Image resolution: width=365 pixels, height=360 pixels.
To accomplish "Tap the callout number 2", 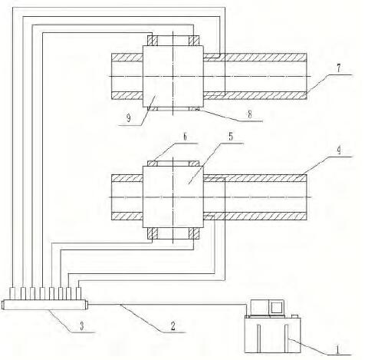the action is point(173,326).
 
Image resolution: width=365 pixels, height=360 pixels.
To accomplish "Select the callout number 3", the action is point(82,326).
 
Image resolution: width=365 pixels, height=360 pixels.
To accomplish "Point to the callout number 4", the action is point(339,150).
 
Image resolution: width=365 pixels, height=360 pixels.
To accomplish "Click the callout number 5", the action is point(231,137).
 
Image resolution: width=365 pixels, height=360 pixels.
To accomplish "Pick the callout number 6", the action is point(185,137).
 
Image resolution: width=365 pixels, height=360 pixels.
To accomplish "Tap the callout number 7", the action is point(338,68).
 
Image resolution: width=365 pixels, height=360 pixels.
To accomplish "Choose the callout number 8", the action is point(250,114).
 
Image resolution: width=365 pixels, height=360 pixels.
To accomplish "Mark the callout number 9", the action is point(128,118).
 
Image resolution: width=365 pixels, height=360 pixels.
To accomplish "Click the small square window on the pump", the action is point(276,307).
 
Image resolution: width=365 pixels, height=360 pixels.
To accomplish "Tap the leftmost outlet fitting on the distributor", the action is point(12,293).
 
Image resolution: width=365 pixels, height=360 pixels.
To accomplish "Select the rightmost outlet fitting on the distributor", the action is point(79,293).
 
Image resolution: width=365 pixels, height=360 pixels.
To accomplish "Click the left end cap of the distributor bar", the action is point(3,305).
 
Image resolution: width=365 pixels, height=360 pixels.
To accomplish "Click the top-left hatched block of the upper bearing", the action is point(153,41).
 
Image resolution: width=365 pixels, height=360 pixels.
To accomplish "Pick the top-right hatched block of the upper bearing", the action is point(194,41).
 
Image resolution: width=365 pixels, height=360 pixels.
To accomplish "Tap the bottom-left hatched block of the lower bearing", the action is point(153,233).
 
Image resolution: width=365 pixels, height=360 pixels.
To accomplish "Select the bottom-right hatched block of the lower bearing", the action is point(194,233).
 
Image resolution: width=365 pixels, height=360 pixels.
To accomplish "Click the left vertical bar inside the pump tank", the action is point(258,338).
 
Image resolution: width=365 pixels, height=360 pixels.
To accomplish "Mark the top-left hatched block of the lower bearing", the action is point(153,163).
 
